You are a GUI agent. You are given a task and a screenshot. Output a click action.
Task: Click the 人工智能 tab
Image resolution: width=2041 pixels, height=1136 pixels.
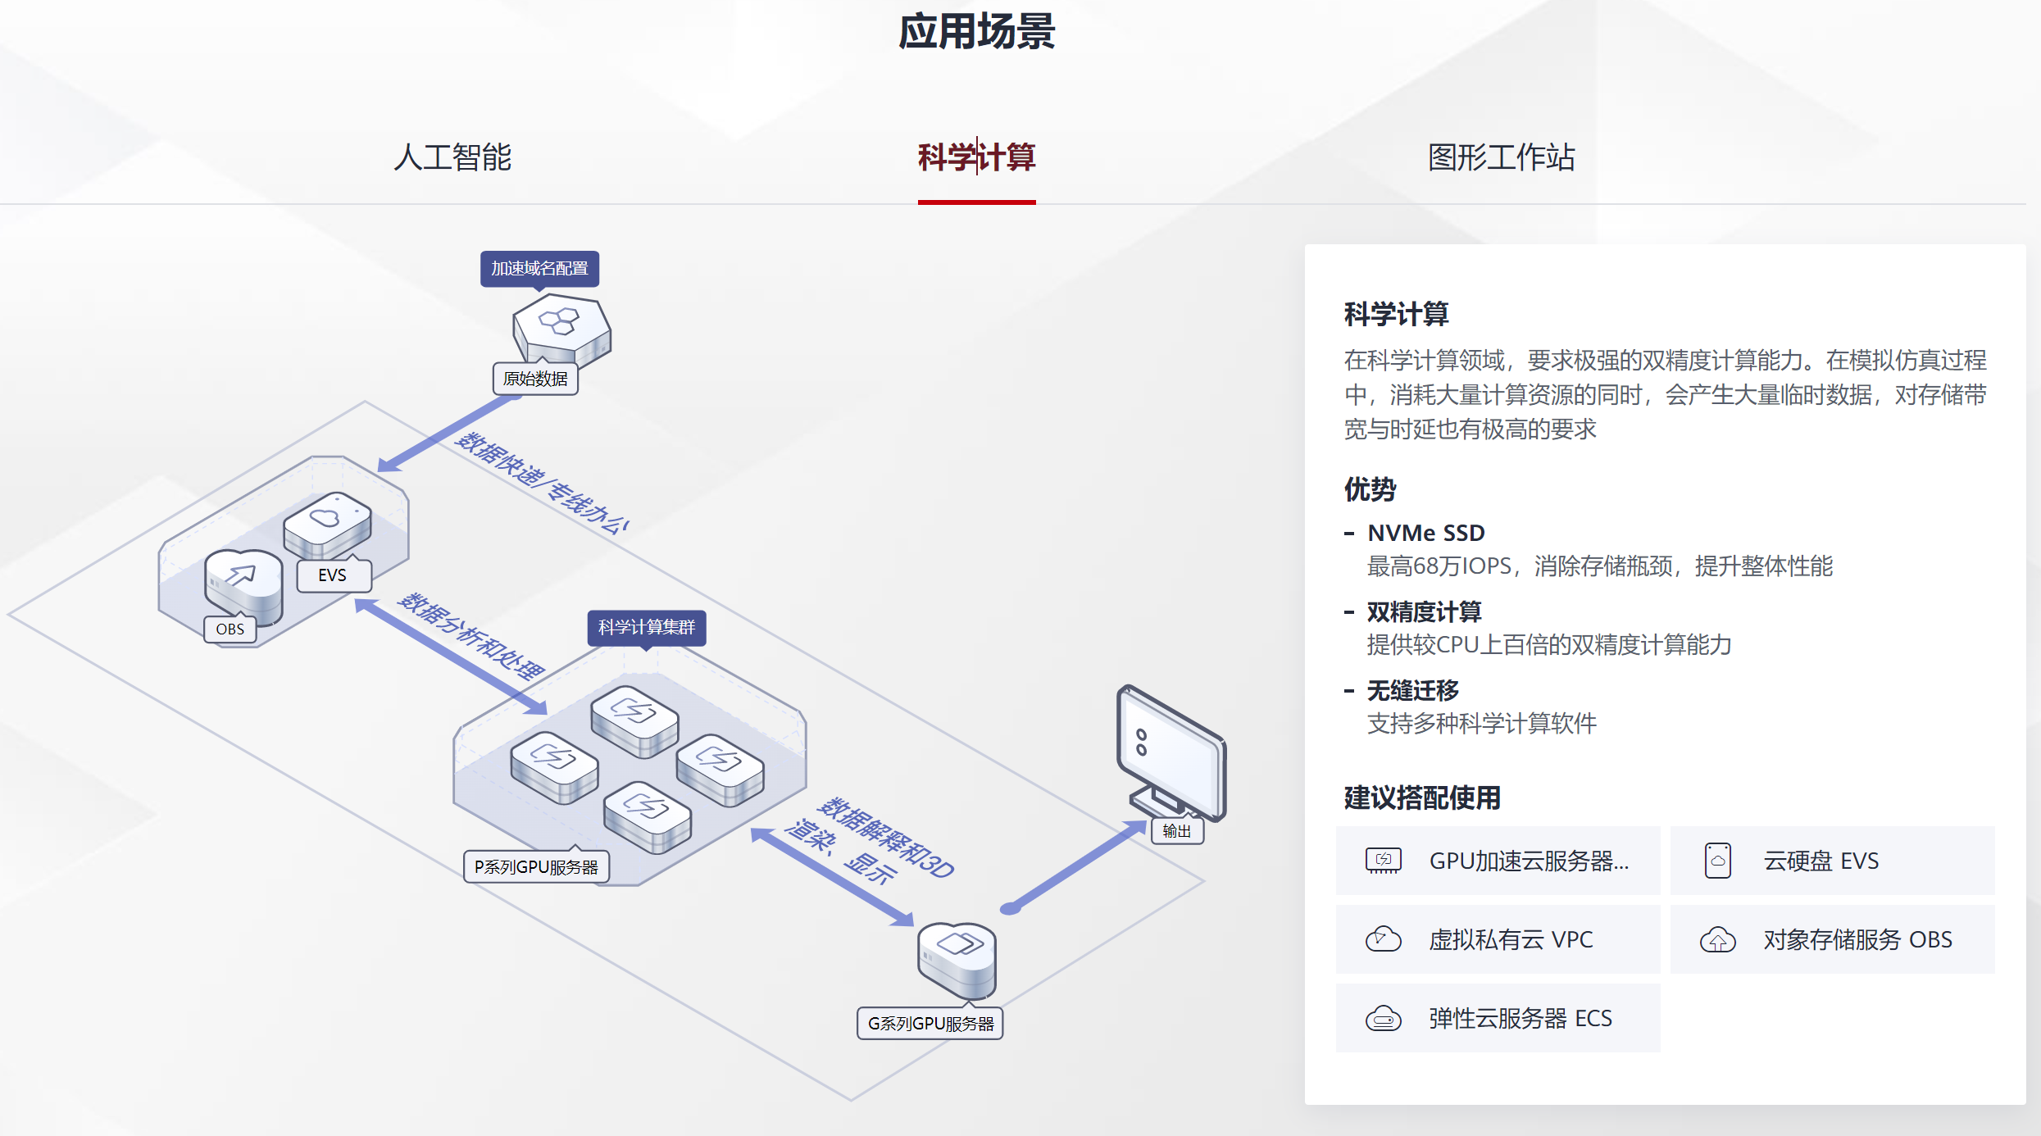[x=452, y=157]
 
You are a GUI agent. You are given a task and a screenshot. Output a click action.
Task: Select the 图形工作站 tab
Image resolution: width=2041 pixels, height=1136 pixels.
[x=1501, y=157]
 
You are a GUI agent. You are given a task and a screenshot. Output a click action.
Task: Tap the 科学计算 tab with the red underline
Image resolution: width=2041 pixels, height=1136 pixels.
[x=976, y=157]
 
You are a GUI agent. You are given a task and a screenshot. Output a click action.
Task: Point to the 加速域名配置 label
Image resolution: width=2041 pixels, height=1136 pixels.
[x=539, y=269]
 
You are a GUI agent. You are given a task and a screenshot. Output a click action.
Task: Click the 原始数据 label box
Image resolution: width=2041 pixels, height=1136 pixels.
[x=535, y=379]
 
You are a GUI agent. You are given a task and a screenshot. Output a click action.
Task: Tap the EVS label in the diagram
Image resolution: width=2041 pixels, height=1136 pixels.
[x=332, y=575]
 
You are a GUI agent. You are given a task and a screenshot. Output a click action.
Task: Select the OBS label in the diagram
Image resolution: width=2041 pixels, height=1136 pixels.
[x=230, y=629]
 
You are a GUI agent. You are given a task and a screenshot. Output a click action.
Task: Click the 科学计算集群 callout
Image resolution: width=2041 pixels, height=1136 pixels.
[x=646, y=628]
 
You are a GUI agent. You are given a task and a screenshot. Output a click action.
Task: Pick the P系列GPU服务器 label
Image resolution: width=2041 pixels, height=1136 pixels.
[x=536, y=867]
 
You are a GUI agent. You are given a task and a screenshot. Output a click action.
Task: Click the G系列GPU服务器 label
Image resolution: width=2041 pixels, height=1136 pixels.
[x=930, y=1024]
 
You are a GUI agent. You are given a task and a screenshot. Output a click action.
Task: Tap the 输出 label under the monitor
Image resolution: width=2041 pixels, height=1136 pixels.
[x=1177, y=831]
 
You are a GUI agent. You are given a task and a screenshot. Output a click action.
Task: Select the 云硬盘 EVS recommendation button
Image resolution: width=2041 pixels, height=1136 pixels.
[x=1832, y=861]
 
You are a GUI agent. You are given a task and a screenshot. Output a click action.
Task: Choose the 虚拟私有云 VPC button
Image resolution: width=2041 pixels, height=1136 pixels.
[x=1498, y=939]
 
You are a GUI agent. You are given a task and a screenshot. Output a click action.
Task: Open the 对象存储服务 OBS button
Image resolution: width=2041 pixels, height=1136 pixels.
[x=1832, y=939]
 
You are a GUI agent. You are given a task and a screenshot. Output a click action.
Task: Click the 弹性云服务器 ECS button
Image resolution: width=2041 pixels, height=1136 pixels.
[x=1498, y=1018]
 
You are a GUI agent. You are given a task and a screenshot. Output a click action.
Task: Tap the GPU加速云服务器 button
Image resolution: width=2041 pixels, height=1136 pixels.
[x=1498, y=861]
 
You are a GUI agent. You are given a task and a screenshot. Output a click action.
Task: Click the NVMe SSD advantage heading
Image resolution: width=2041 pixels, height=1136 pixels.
[x=1425, y=533]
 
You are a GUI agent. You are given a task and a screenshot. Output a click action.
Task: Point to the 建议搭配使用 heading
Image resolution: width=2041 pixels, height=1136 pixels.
[x=1422, y=797]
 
